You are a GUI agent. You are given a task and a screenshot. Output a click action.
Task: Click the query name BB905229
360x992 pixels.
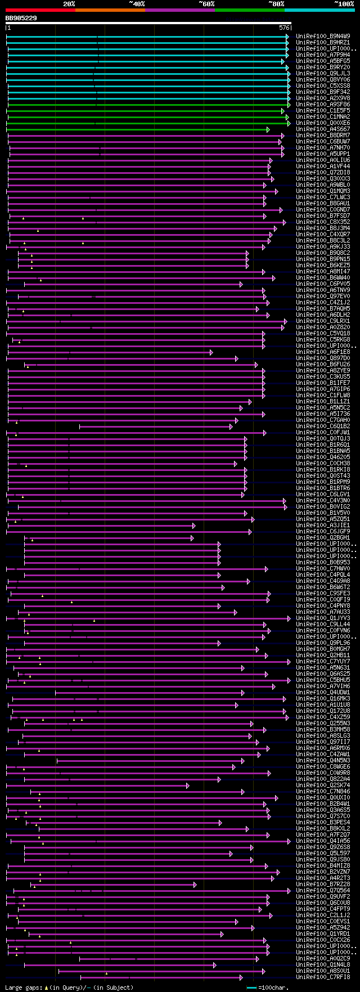tap(21, 18)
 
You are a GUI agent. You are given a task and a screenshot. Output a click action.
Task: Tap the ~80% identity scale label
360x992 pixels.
tap(276, 4)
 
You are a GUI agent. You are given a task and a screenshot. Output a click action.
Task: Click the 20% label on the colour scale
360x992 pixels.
tap(69, 4)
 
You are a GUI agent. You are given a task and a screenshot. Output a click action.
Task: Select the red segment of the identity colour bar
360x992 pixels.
tap(40, 10)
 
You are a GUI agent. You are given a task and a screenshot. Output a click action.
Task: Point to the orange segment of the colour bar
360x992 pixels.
tap(110, 10)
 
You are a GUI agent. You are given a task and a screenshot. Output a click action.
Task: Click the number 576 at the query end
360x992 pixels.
tap(284, 28)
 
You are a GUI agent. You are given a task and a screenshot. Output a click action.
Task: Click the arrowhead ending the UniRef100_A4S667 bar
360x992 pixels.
tap(268, 129)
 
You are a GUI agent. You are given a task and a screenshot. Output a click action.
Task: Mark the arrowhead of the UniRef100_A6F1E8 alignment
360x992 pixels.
tap(211, 352)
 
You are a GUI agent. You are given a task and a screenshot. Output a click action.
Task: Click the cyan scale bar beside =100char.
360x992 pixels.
tap(251, 987)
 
